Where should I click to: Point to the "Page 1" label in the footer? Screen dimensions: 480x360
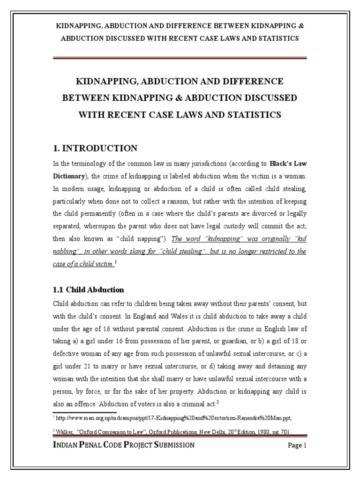(x=297, y=445)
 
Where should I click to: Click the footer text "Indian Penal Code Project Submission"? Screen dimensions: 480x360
(x=124, y=445)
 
